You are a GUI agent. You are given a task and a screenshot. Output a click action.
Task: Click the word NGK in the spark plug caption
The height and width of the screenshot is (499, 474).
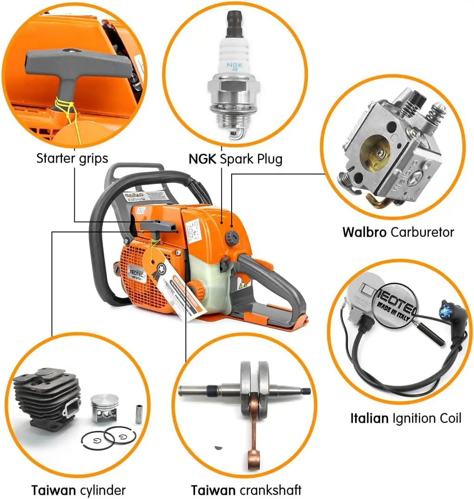(202, 159)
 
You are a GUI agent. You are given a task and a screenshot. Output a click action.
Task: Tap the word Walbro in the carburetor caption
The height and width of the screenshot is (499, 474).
(364, 231)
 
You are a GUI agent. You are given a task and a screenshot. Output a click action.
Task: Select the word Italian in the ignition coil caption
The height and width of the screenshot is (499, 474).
(369, 418)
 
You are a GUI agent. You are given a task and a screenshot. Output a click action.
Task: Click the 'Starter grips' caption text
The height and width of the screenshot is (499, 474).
(72, 158)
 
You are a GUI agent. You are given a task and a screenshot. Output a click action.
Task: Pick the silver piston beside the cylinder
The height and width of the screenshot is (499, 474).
(104, 407)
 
